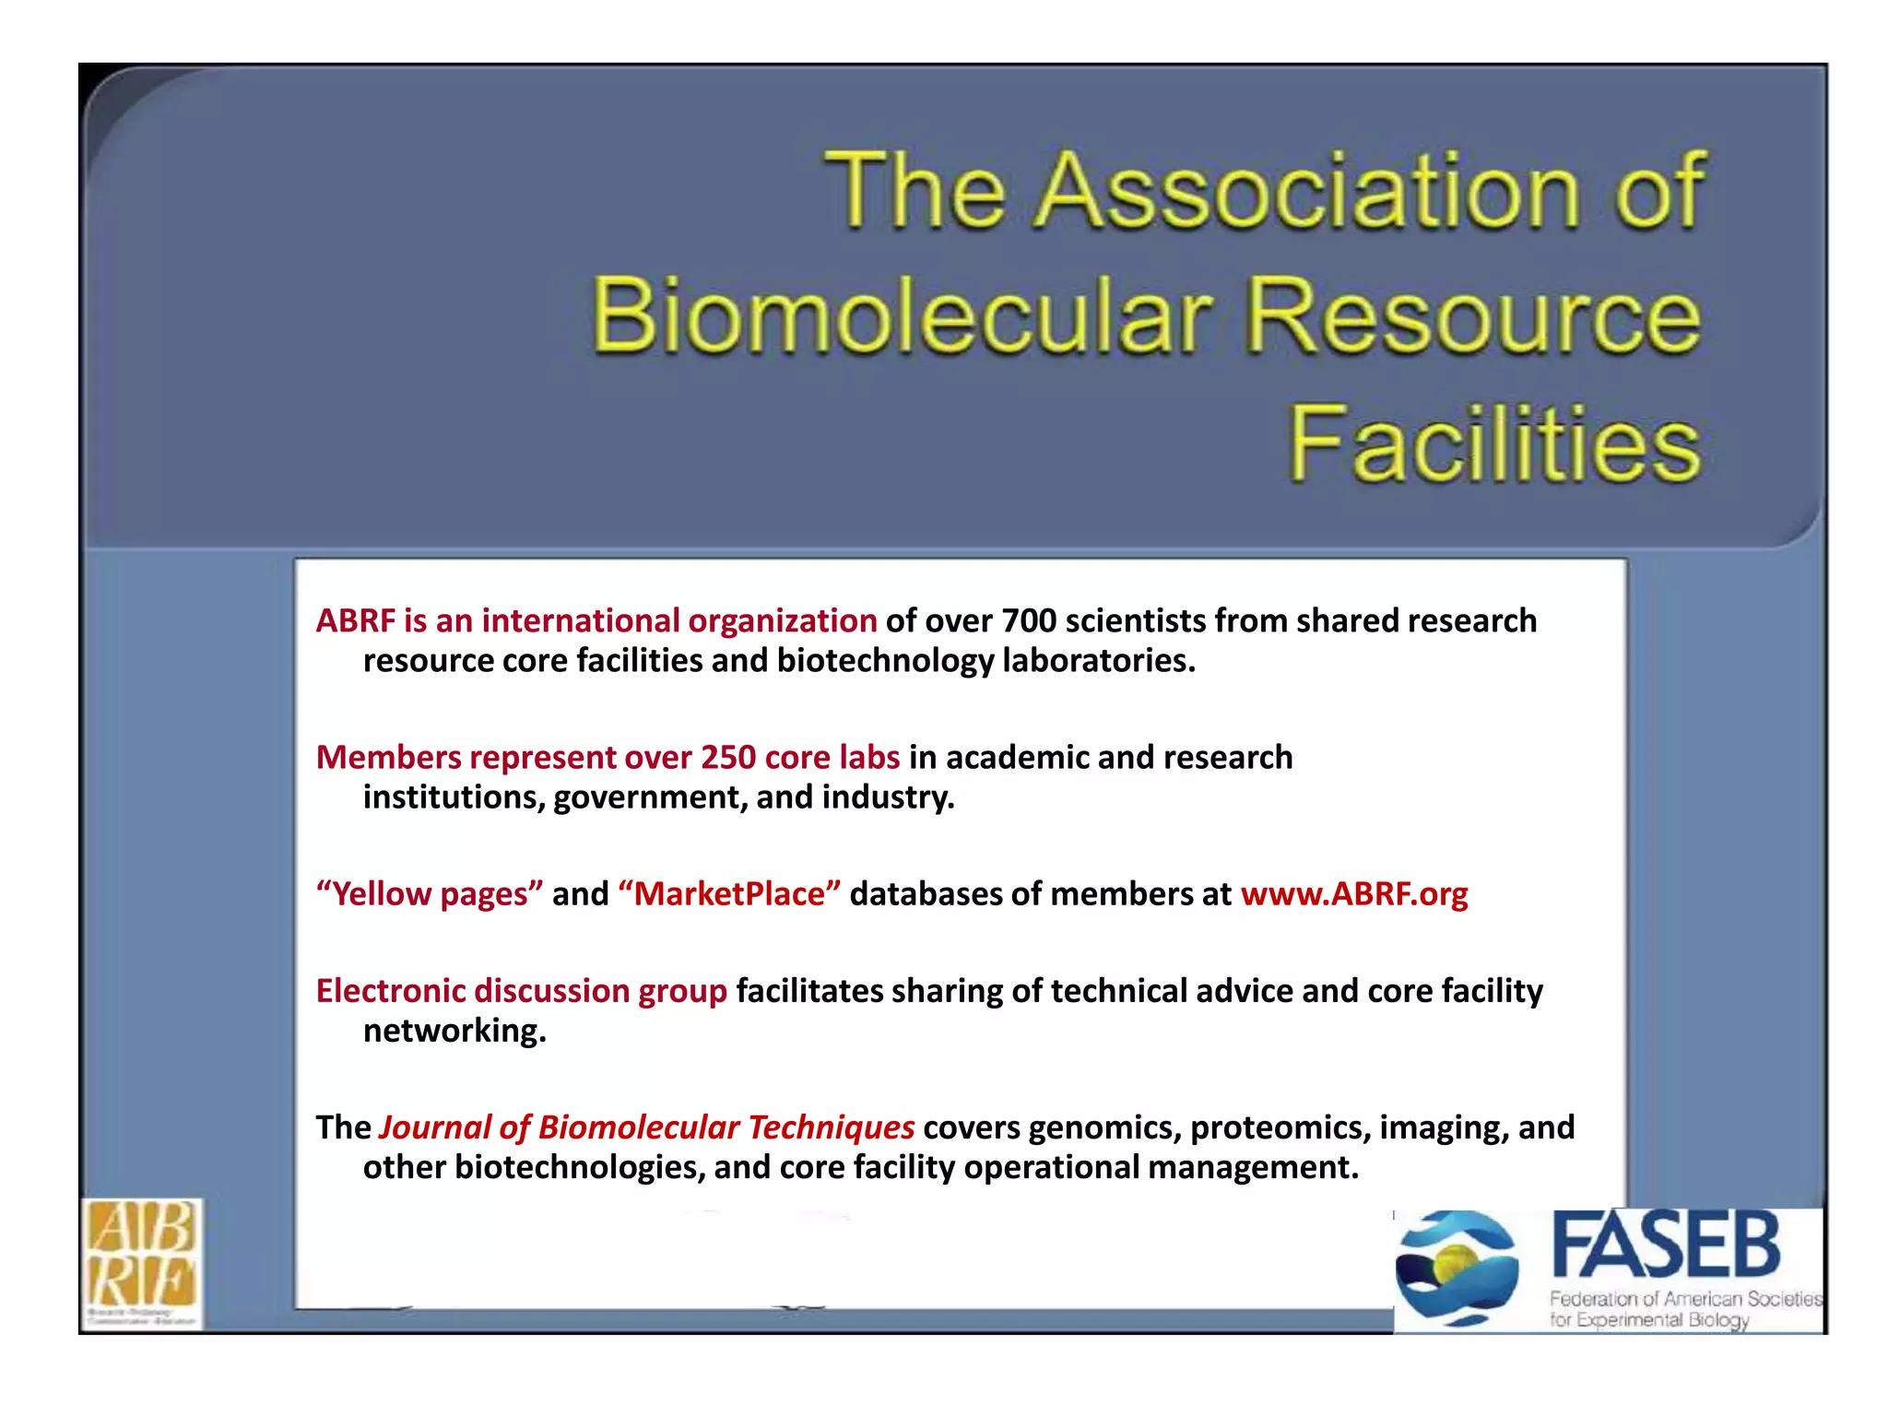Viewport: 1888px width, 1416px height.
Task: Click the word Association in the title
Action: pos(1307,191)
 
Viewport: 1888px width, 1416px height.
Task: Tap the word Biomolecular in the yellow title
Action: pos(901,316)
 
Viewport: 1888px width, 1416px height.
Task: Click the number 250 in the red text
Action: pos(727,758)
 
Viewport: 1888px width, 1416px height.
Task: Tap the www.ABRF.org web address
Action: pos(1353,894)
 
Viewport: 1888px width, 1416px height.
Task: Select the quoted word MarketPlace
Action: pos(729,894)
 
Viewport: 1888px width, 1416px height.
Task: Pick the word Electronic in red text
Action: pos(390,991)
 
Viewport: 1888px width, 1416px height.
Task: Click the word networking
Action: pos(454,1031)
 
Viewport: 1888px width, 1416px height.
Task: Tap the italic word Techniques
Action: pos(831,1127)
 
